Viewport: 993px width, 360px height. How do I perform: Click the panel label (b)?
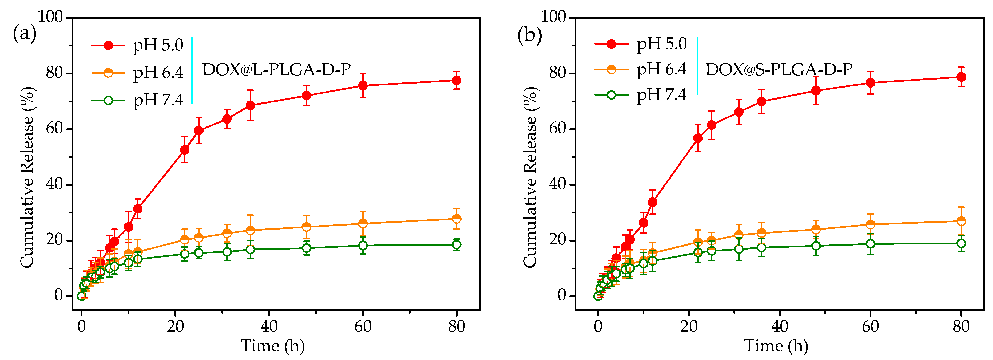pos(529,35)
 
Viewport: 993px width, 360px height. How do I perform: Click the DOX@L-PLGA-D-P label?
pos(276,70)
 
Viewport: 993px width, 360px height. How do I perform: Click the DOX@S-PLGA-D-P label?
pos(779,70)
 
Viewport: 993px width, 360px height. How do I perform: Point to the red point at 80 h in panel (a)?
pos(456,80)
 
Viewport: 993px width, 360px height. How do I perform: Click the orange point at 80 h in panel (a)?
pos(456,219)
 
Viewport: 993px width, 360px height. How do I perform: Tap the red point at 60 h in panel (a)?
pos(363,86)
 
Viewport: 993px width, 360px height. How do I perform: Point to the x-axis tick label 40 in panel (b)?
pos(780,327)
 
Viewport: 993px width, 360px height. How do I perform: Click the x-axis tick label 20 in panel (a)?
pos(175,327)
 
